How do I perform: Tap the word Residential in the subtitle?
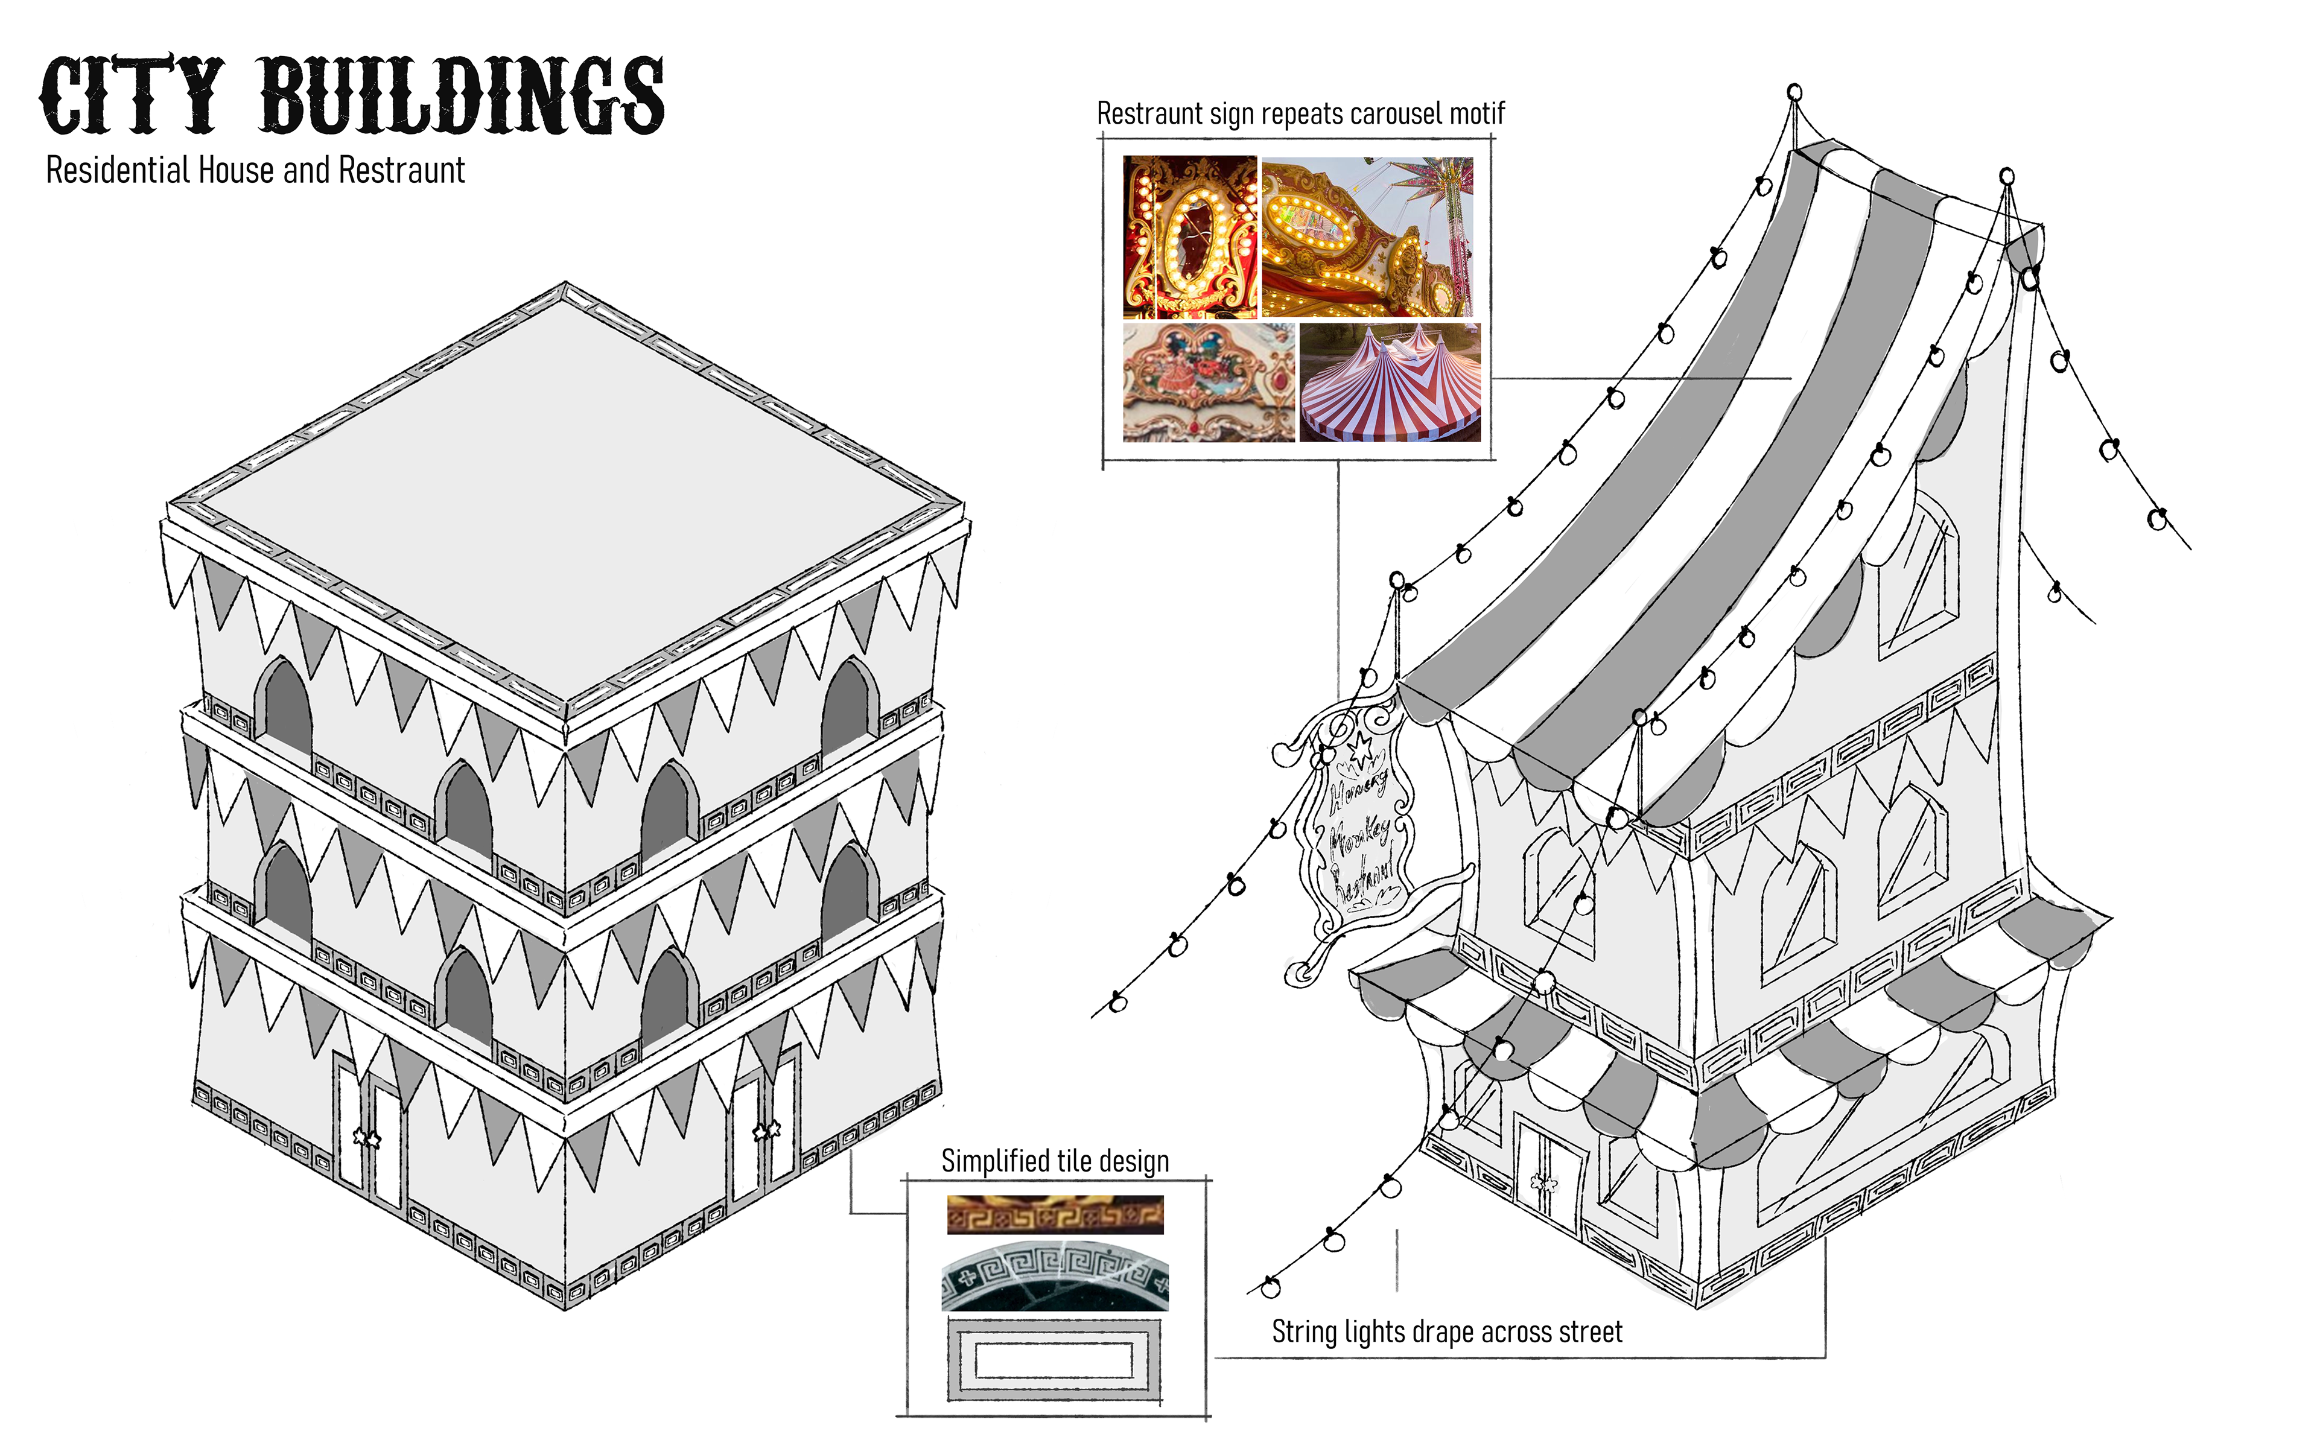click(x=118, y=171)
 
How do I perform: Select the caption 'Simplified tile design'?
click(x=1054, y=1161)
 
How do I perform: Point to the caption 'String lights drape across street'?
click(x=1446, y=1331)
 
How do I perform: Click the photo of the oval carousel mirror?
click(x=1189, y=236)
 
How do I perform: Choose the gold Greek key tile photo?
click(x=1054, y=1215)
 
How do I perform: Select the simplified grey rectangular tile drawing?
click(x=1054, y=1360)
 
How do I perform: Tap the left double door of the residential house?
click(x=369, y=1134)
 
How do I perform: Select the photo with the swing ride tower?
click(x=1367, y=236)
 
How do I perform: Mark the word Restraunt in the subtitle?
click(x=401, y=171)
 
